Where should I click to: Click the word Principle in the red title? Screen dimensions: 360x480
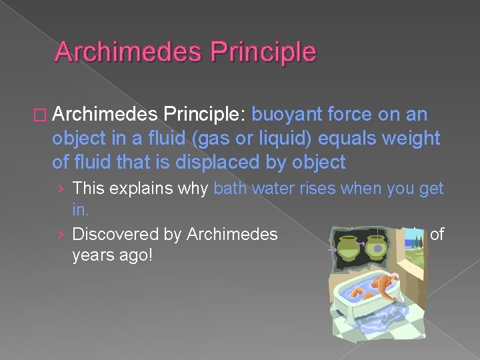tap(265, 52)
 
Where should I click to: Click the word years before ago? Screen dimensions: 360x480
tap(93, 255)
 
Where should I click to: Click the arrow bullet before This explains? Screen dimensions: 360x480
tap(61, 189)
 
